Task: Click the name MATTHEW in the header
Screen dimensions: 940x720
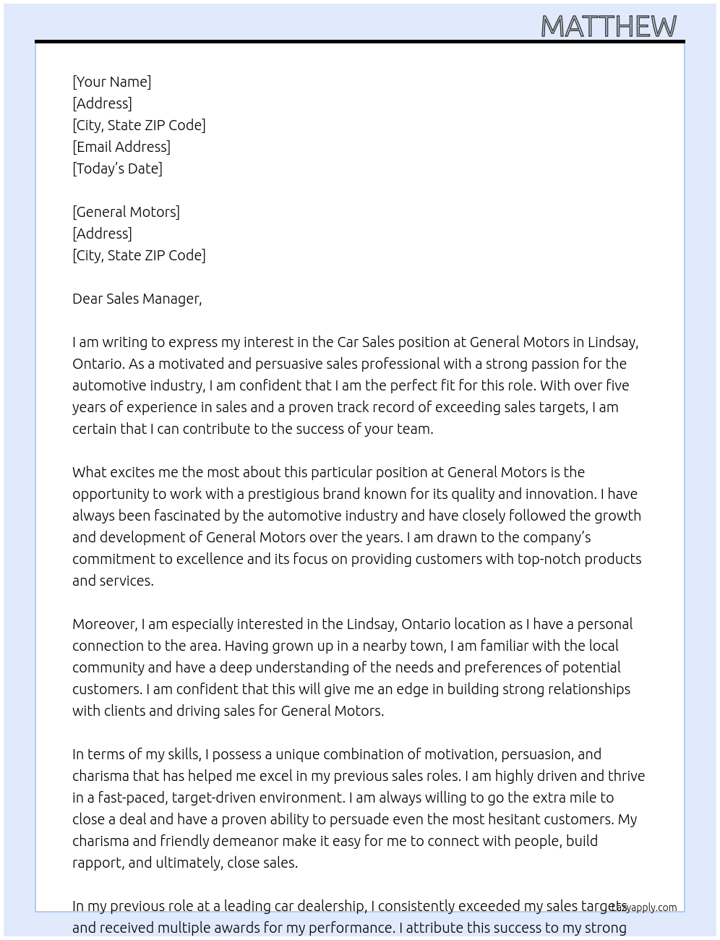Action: (609, 26)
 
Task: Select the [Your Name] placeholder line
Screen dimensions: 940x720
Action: (111, 82)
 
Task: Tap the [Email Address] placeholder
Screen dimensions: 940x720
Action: (121, 147)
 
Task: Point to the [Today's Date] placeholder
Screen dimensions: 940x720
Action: (117, 168)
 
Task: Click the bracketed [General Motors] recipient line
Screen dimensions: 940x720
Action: (126, 212)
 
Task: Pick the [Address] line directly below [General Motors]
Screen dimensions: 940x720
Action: (102, 234)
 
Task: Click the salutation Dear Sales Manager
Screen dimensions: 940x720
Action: (137, 299)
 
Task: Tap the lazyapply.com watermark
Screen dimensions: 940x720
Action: (644, 907)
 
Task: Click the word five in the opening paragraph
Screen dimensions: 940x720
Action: (614, 385)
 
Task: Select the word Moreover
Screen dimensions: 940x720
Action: (105, 624)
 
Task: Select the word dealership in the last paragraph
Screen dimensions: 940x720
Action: (332, 906)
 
